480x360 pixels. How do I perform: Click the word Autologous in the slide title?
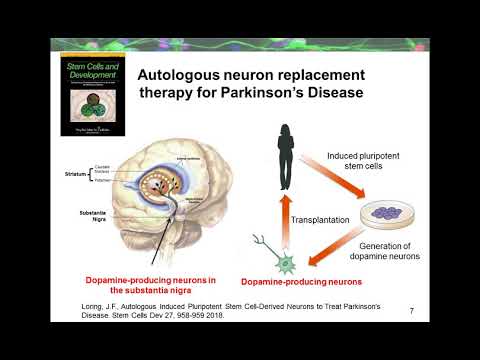[x=177, y=76]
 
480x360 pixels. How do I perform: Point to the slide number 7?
[x=412, y=312]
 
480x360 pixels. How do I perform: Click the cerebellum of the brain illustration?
[x=225, y=240]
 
